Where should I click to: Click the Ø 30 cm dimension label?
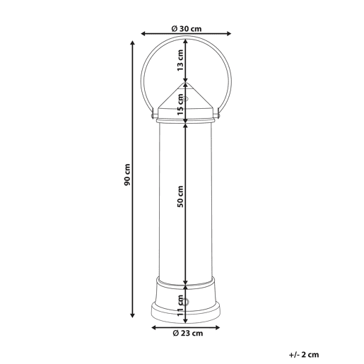pyautogui.click(x=187, y=29)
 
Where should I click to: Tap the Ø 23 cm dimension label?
pyautogui.click(x=187, y=333)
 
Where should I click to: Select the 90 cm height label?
pyautogui.click(x=127, y=175)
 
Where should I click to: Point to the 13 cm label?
pyautogui.click(x=180, y=60)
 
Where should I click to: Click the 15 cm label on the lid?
pyautogui.click(x=180, y=104)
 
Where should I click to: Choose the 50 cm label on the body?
pyautogui.click(x=180, y=196)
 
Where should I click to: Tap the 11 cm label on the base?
pyautogui.click(x=180, y=305)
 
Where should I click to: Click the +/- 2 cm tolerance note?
pyautogui.click(x=304, y=355)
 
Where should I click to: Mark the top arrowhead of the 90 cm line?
pyautogui.click(x=133, y=42)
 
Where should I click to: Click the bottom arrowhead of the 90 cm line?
pyautogui.click(x=133, y=315)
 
